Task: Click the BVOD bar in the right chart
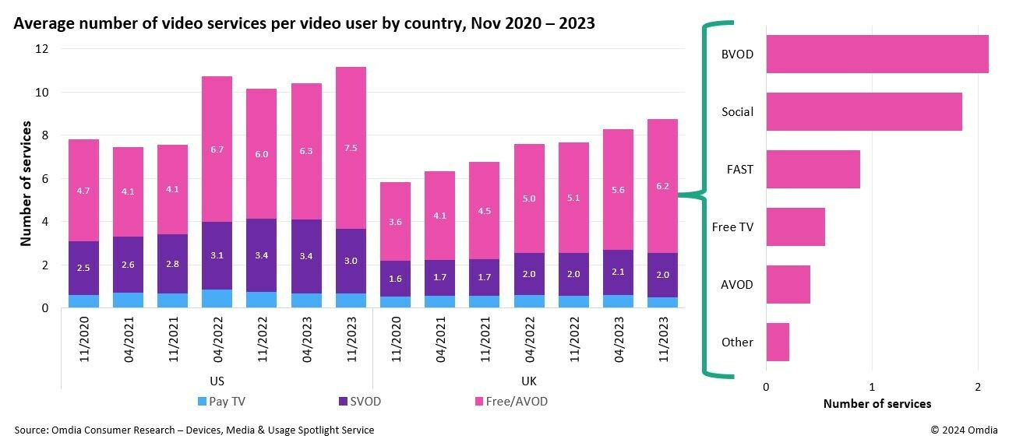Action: (877, 54)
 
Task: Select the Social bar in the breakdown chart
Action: (863, 112)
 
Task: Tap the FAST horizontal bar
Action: (813, 169)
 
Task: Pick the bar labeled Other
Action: (778, 342)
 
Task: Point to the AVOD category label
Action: (737, 284)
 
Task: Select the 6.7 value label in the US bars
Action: (217, 149)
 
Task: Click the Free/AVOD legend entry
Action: (511, 402)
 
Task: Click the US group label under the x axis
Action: (217, 381)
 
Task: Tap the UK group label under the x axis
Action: (528, 381)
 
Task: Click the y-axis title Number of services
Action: (26, 183)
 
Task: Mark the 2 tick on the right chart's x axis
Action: (978, 387)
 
